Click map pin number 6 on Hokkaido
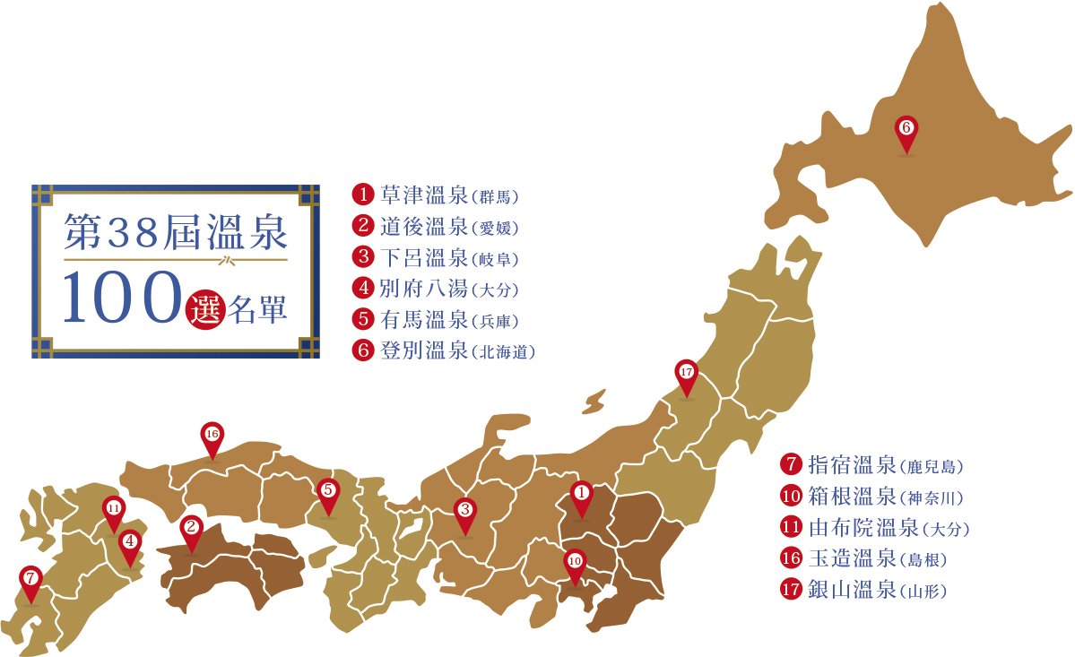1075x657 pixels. pos(906,129)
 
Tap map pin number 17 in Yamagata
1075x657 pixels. pos(686,373)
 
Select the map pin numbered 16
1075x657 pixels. pos(212,435)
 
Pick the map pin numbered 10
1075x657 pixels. pos(575,561)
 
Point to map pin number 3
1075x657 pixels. pos(464,511)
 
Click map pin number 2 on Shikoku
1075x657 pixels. pos(190,528)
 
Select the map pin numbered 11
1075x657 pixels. pos(113,508)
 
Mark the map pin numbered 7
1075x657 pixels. pos(30,578)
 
